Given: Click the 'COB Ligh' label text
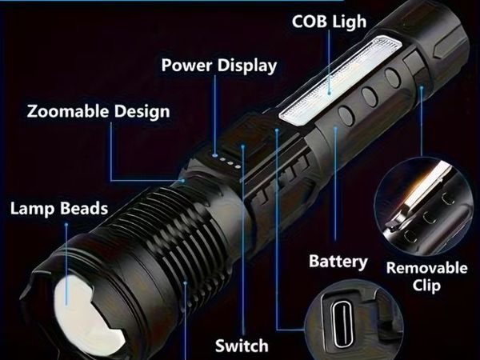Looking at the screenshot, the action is tap(329, 22).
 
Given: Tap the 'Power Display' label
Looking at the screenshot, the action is tap(219, 66).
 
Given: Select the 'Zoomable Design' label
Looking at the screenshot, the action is tap(98, 111).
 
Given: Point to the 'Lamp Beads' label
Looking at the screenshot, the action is tap(59, 209).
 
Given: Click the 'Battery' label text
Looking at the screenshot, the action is tap(338, 262).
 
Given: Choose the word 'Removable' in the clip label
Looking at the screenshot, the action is tap(427, 268).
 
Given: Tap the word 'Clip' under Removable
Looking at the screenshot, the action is tap(426, 286).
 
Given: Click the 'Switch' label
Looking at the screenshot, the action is tap(242, 346).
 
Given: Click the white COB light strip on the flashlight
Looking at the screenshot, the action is tap(340, 81).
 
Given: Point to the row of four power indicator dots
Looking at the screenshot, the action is tap(226, 162).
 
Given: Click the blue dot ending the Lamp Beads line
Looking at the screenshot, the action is tap(66, 225).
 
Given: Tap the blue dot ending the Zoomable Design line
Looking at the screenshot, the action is tap(182, 181).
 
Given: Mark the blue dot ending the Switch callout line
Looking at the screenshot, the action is tap(242, 146).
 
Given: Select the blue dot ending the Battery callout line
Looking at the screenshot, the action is tap(335, 128).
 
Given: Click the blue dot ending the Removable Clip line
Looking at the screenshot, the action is tap(422, 88).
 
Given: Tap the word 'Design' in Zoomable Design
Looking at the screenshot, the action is tap(142, 112).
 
